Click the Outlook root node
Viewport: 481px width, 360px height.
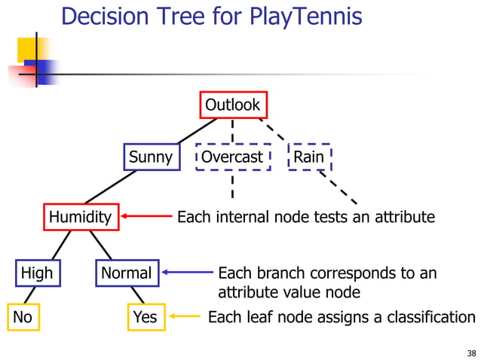tap(232, 105)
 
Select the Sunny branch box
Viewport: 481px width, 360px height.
tap(151, 157)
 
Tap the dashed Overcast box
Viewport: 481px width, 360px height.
tap(232, 157)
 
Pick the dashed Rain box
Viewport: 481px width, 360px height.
tap(308, 157)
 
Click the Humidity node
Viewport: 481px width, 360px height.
tap(80, 218)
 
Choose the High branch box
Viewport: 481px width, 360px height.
tap(37, 273)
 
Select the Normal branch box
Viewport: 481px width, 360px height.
tap(127, 273)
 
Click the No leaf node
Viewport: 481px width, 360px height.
tap(23, 317)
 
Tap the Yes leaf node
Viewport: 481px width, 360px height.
tap(145, 317)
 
